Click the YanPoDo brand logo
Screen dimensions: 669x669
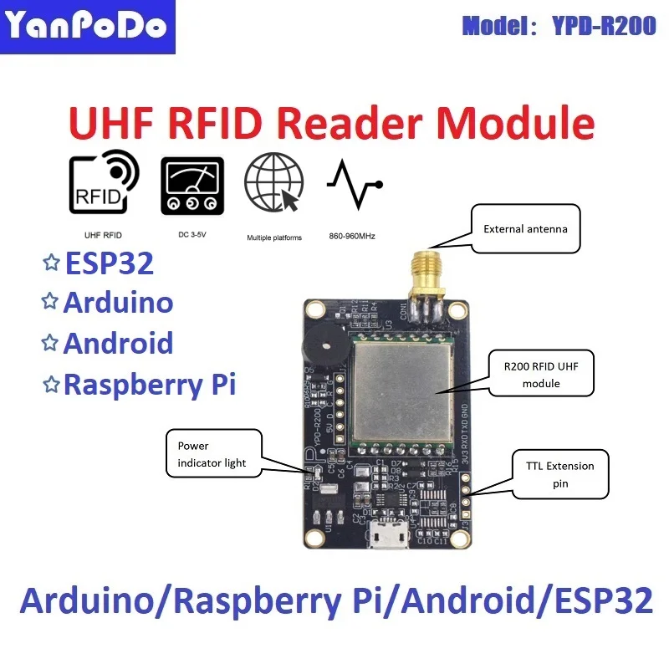pos(87,28)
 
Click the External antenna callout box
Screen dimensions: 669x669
pos(525,228)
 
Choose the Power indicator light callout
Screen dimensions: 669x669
pos(213,454)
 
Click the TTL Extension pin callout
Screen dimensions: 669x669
pos(559,474)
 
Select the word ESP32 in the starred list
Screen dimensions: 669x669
pos(109,263)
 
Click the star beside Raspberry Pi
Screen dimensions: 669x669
pos(51,384)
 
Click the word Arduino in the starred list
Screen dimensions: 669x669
pos(118,304)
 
